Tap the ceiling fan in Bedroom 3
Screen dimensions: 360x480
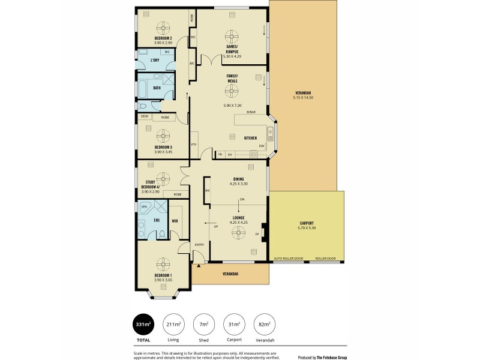(x=163, y=134)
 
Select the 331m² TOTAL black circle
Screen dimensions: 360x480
(x=143, y=325)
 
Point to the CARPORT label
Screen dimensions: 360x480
(x=306, y=223)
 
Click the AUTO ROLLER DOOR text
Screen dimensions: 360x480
(x=288, y=259)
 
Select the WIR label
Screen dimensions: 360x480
(x=175, y=221)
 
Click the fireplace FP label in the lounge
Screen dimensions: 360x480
(x=257, y=233)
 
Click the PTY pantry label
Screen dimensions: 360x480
(x=194, y=145)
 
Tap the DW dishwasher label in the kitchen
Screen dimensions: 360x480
(x=262, y=145)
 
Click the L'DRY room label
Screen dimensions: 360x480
(x=155, y=60)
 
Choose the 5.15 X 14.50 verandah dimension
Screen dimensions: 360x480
(x=303, y=97)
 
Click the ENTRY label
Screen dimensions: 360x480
(x=200, y=244)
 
